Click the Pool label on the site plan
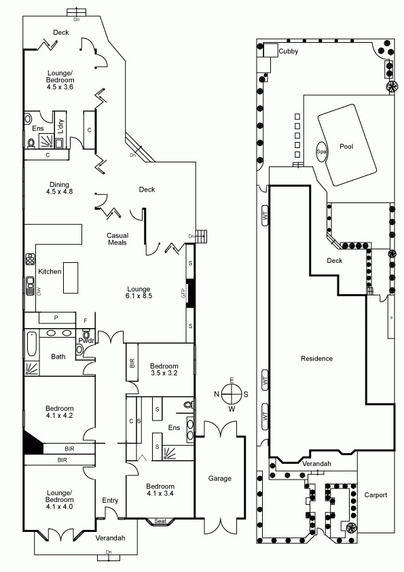pyautogui.click(x=346, y=146)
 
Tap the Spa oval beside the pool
pyautogui.click(x=321, y=151)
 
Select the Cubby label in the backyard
pyautogui.click(x=289, y=52)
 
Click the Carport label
pyautogui.click(x=375, y=495)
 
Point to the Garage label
pyautogui.click(x=220, y=478)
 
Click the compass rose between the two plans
pyautogui.click(x=232, y=395)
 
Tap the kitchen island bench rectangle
pyautogui.click(x=71, y=278)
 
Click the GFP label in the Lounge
pyautogui.click(x=183, y=293)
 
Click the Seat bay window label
pyautogui.click(x=160, y=521)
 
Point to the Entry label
pyautogui.click(x=110, y=501)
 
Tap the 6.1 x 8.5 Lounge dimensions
pyautogui.click(x=139, y=296)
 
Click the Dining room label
pyautogui.click(x=60, y=185)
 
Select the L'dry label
pyautogui.click(x=61, y=126)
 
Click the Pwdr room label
pyautogui.click(x=86, y=341)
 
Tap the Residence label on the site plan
pyautogui.click(x=317, y=359)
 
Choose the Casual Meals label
pyautogui.click(x=117, y=239)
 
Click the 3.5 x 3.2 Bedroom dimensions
pyautogui.click(x=164, y=373)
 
